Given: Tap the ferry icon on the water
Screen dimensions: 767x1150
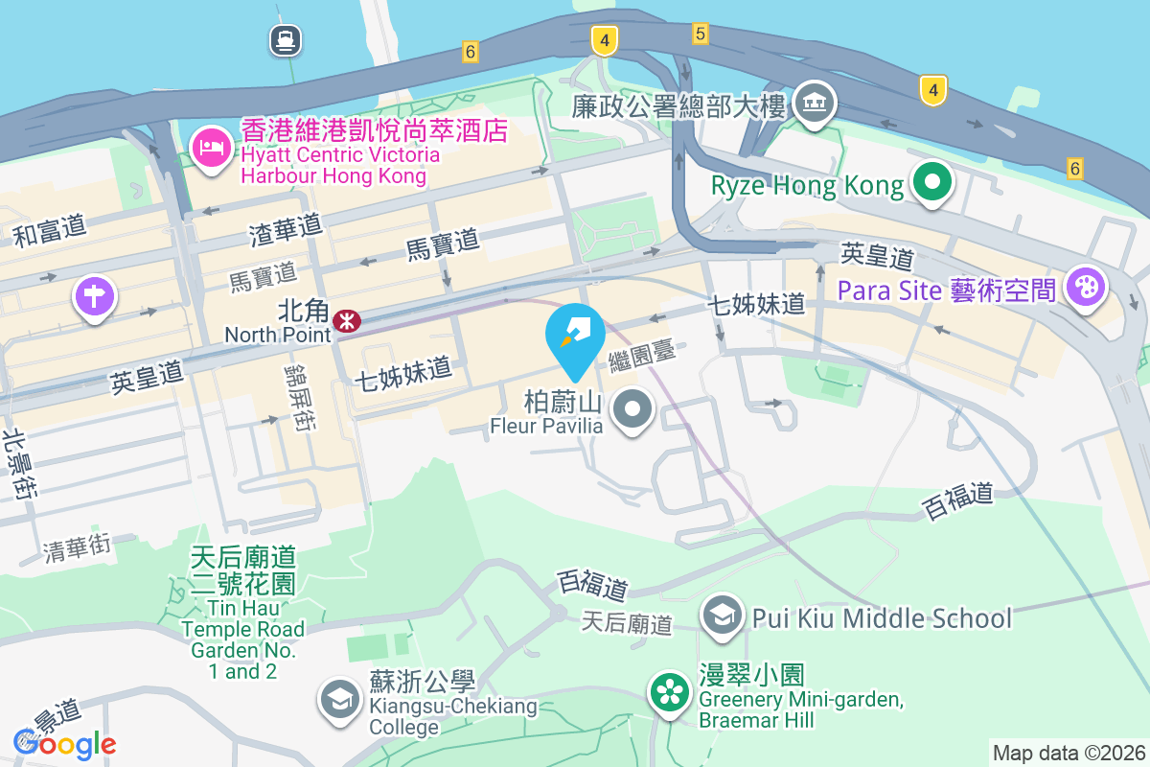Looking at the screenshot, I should click(x=286, y=40).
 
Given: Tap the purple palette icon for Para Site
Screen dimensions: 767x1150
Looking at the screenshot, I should click(x=1085, y=286).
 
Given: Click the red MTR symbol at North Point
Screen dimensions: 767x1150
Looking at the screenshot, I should click(x=347, y=320).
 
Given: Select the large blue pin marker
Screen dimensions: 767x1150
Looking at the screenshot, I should click(x=575, y=337).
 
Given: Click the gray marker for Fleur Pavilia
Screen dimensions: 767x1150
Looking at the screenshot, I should click(x=632, y=410).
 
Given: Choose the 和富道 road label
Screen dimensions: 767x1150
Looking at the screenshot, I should click(x=50, y=231).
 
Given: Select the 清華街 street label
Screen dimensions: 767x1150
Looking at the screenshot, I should click(x=78, y=547).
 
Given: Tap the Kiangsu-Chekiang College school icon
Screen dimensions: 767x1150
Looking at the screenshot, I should click(x=339, y=700).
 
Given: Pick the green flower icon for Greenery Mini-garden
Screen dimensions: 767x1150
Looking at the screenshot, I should click(x=670, y=692).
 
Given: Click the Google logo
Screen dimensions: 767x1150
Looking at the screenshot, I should click(x=65, y=743).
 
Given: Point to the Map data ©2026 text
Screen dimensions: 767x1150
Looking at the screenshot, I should click(x=1069, y=754).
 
